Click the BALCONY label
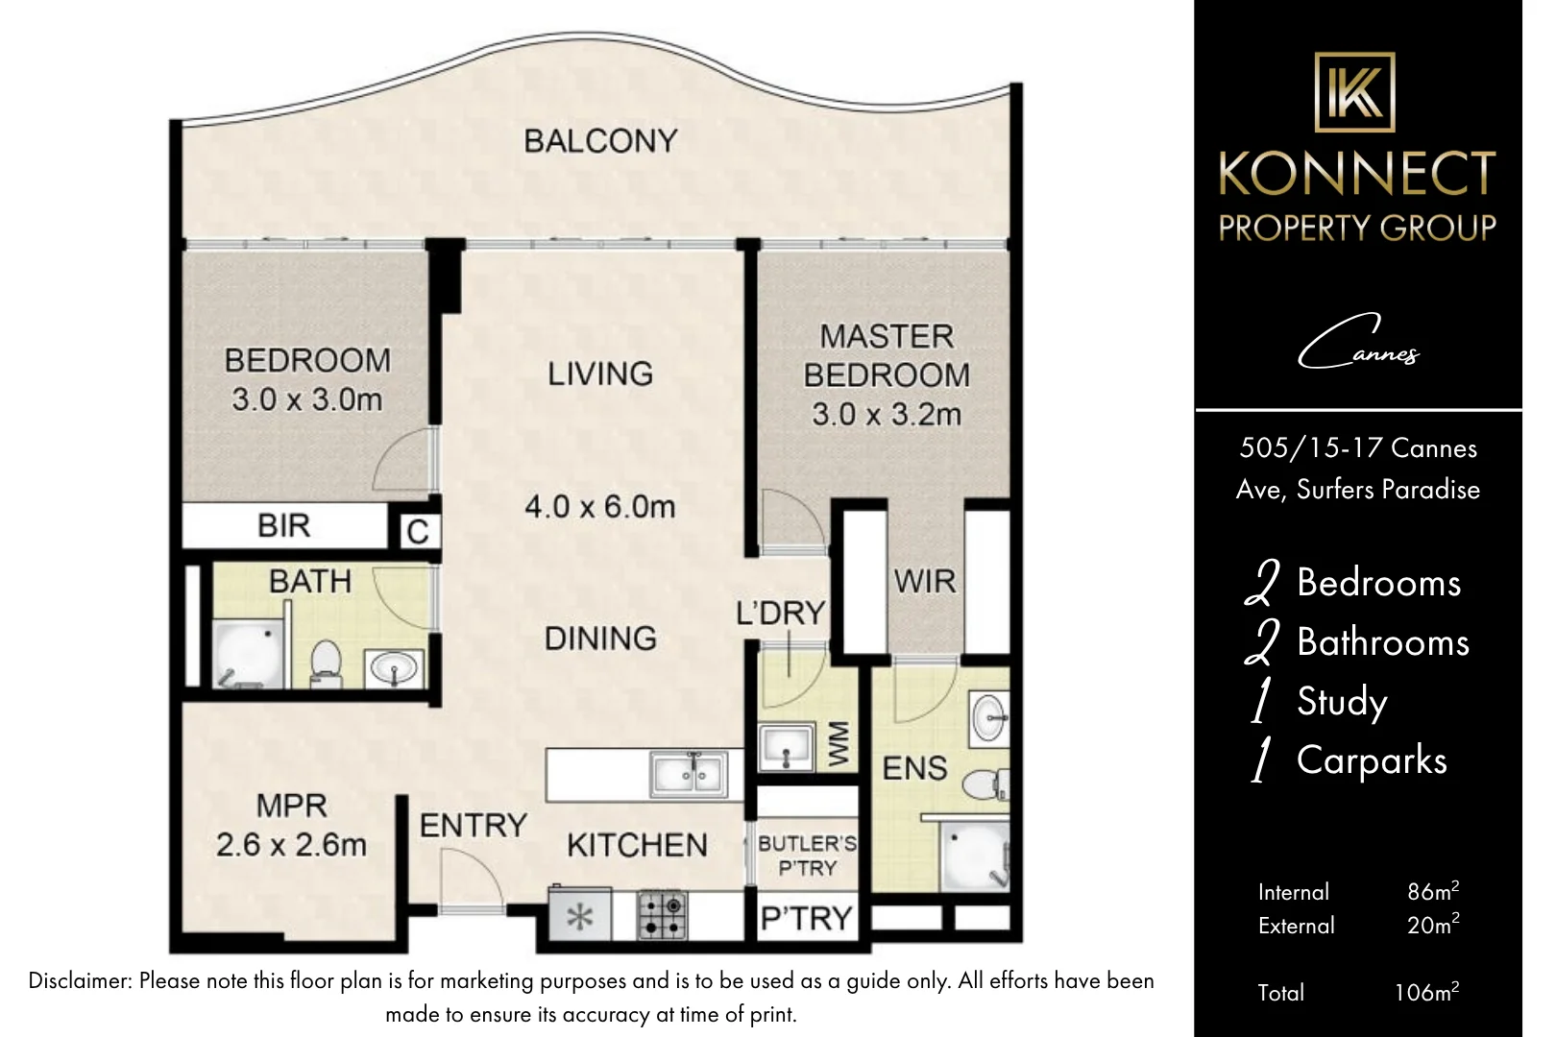coord(600,141)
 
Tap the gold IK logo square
coord(1354,91)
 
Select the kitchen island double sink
coord(689,775)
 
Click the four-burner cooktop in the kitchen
coord(662,915)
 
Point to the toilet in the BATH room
coord(326,663)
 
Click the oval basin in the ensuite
coord(989,718)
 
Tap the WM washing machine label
coord(839,744)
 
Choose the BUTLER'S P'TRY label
coord(807,856)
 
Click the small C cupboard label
coord(418,532)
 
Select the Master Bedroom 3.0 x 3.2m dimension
coord(887,415)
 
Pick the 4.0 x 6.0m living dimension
coord(600,507)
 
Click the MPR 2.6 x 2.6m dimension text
coord(291,845)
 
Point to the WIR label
coord(925,581)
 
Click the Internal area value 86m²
coord(1433,891)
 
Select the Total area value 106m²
coord(1426,992)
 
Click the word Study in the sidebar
coord(1342,702)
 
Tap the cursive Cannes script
coord(1359,343)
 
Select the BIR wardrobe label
coord(283,526)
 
